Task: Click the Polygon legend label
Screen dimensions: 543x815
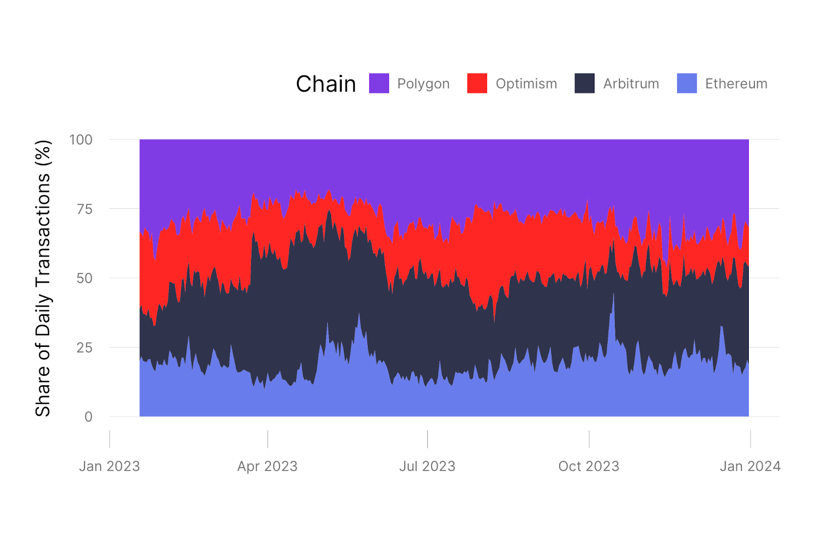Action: click(x=423, y=84)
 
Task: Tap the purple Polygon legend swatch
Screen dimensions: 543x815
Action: click(x=379, y=84)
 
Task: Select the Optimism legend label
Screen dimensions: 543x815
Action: click(x=526, y=84)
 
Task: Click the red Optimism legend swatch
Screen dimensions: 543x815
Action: click(x=477, y=84)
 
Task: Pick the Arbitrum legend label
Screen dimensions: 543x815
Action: click(x=631, y=84)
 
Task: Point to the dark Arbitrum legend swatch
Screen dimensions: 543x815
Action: click(x=585, y=84)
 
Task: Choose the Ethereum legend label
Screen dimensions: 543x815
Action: click(x=736, y=84)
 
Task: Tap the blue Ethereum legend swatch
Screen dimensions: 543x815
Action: click(x=687, y=84)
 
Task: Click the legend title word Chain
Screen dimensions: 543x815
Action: click(x=326, y=84)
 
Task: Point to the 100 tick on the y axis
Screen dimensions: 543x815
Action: click(x=81, y=140)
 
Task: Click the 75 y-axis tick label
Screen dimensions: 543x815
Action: click(x=85, y=209)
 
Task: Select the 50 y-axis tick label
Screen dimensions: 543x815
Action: click(x=85, y=278)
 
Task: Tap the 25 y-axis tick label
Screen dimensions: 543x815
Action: click(x=85, y=347)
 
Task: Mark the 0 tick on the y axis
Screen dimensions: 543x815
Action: click(x=89, y=417)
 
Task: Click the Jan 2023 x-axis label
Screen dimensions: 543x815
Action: click(x=110, y=466)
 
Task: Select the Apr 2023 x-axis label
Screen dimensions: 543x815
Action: click(x=267, y=466)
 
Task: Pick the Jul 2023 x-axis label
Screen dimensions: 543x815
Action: click(x=427, y=466)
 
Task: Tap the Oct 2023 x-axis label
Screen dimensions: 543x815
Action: click(x=589, y=466)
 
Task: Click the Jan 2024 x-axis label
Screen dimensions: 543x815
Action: click(x=750, y=466)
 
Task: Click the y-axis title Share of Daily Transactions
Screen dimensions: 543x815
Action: click(x=43, y=278)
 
